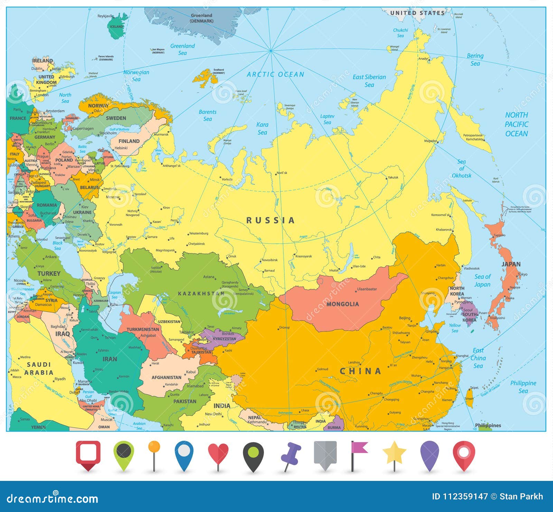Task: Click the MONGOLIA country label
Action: pyautogui.click(x=343, y=304)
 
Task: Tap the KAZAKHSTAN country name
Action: pyautogui.click(x=201, y=294)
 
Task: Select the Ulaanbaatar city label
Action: pyautogui.click(x=367, y=289)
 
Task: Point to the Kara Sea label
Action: pyautogui.click(x=262, y=128)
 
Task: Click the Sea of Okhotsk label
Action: pyautogui.click(x=461, y=169)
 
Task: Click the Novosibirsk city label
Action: pyautogui.click(x=270, y=260)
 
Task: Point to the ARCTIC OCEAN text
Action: pyautogui.click(x=275, y=74)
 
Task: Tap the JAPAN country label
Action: pyautogui.click(x=511, y=264)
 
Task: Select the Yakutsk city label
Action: pyautogui.click(x=393, y=177)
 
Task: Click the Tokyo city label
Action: pyautogui.click(x=523, y=274)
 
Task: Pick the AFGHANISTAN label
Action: pyautogui.click(x=166, y=378)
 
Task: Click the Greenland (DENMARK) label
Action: pyautogui.click(x=201, y=18)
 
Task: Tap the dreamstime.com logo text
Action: pyautogui.click(x=53, y=499)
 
